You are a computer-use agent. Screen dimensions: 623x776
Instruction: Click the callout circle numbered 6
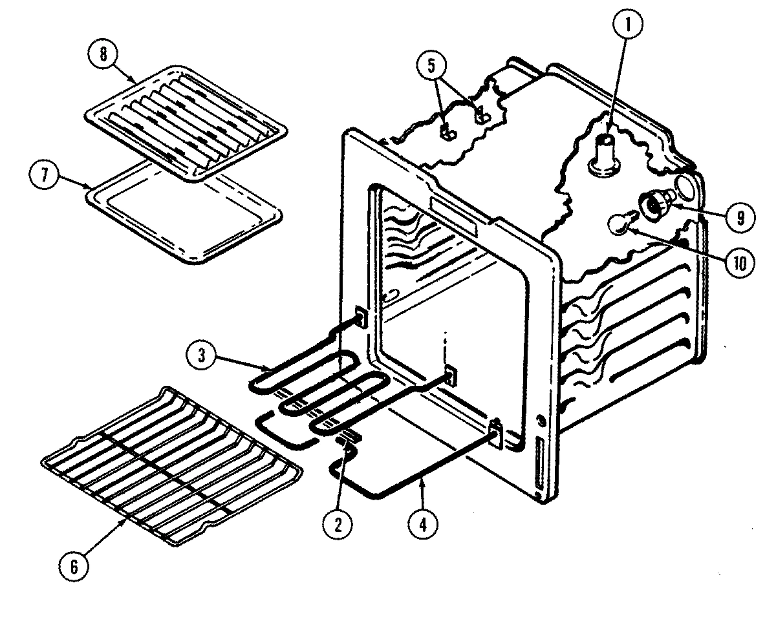click(74, 567)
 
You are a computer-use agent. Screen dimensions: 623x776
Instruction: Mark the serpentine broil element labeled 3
click(317, 388)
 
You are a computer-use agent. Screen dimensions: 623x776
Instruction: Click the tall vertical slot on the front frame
click(539, 464)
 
